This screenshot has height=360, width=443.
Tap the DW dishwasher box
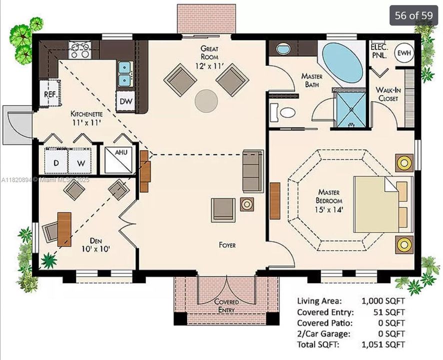click(125, 101)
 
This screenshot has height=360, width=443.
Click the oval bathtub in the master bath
click(342, 62)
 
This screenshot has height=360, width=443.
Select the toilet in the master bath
click(283, 112)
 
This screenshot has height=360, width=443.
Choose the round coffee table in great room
click(206, 100)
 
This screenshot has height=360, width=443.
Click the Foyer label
click(226, 245)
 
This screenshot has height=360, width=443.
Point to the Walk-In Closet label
click(387, 94)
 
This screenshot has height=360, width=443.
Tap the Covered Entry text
click(226, 305)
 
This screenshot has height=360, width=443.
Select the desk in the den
click(64, 229)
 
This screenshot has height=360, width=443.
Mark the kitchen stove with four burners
click(79, 50)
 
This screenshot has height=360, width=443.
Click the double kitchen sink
click(124, 74)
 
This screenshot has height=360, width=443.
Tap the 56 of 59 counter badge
click(413, 15)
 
